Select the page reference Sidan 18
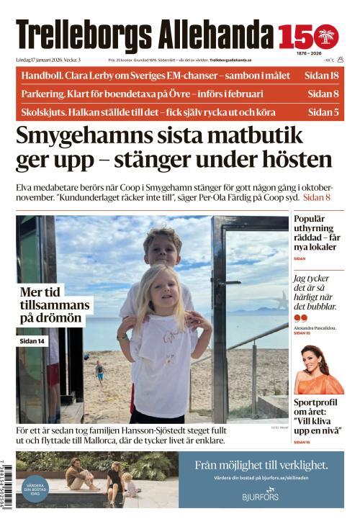[x=323, y=76]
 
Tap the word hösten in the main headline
[x=289, y=161]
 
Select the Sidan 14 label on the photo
[x=32, y=340]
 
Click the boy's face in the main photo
[x=163, y=250]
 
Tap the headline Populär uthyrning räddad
[x=317, y=234]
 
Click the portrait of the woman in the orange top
[x=318, y=367]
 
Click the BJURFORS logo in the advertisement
[x=261, y=496]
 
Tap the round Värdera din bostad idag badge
[x=35, y=488]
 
